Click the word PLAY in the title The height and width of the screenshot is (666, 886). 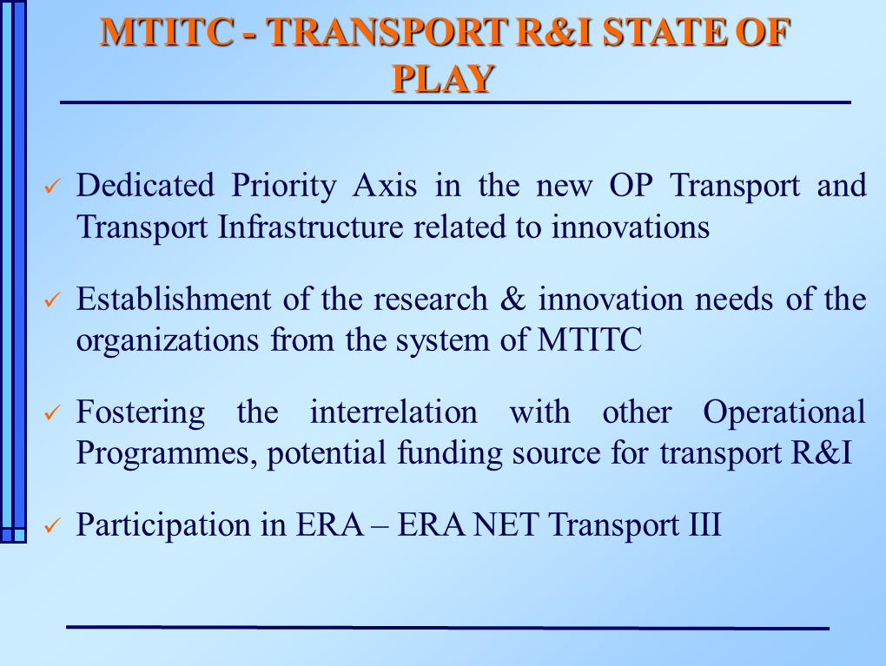point(444,78)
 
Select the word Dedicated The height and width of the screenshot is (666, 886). point(145,185)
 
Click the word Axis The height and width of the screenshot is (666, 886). point(385,185)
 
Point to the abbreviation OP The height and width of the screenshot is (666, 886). point(631,185)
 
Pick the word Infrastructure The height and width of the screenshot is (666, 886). point(310,227)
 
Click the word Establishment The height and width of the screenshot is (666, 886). point(174,299)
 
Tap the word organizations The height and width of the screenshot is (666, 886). point(168,340)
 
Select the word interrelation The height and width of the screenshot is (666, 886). point(393,412)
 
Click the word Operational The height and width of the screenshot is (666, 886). point(784,412)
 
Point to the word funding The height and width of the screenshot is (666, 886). point(449,453)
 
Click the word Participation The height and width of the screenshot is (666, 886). point(162,524)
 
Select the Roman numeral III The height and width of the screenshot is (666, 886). point(704,524)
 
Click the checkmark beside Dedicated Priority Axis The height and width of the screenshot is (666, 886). point(52,186)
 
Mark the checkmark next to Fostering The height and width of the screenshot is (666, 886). point(52,412)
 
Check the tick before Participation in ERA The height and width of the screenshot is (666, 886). point(52,525)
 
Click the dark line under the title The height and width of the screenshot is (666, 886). point(455,102)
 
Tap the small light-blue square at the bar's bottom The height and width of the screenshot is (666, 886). point(20,535)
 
